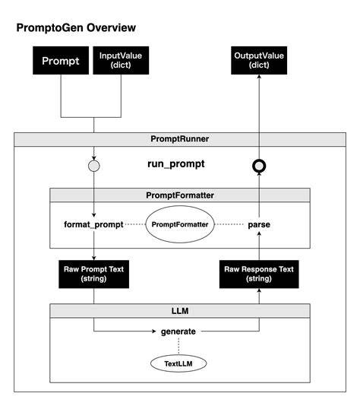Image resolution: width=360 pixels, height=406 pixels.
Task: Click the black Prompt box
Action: (x=61, y=61)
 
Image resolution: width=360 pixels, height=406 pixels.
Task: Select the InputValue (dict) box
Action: (x=121, y=61)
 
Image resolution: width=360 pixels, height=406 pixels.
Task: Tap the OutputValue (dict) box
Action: (x=259, y=61)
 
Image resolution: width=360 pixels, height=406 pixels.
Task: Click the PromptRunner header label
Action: (x=180, y=139)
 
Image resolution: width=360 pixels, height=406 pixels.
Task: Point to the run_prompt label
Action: (x=176, y=164)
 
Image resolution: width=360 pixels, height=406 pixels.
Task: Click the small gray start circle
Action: (x=94, y=166)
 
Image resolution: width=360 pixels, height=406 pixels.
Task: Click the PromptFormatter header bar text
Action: (x=180, y=195)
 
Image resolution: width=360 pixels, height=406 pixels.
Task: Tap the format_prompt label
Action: (x=93, y=224)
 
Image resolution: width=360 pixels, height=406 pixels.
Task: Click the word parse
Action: (x=259, y=225)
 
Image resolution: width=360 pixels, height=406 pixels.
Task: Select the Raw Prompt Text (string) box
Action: (x=94, y=274)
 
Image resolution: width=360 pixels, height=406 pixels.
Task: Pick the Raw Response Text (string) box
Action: (x=259, y=274)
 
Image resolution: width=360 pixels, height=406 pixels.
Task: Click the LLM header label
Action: (x=180, y=311)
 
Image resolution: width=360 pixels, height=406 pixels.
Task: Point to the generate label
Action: (x=178, y=331)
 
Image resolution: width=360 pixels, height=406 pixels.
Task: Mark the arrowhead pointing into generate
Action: (x=154, y=331)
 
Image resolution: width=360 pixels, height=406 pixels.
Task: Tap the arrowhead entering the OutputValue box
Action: (x=259, y=77)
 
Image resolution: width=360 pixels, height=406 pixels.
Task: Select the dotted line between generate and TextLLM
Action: (x=178, y=346)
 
